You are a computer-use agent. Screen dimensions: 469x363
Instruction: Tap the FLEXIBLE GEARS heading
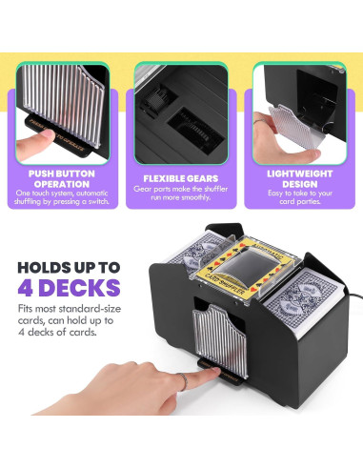(x=181, y=177)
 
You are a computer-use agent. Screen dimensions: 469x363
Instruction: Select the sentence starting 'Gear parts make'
(x=181, y=194)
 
